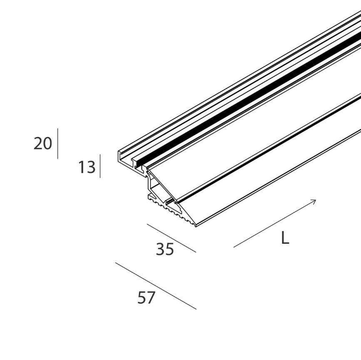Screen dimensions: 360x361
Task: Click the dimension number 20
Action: [42, 144]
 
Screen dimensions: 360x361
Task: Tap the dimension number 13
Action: [87, 167]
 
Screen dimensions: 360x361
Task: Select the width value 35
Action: [164, 249]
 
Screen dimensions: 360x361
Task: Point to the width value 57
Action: [146, 298]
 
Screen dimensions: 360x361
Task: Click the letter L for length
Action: [285, 238]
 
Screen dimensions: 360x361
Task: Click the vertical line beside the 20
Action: [58, 144]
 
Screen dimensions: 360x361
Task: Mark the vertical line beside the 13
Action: [100, 166]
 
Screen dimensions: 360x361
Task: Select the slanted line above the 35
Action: [171, 238]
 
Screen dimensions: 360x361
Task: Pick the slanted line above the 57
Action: [155, 286]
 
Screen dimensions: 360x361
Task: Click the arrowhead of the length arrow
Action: [315, 201]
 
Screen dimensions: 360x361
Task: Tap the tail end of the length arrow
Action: [234, 247]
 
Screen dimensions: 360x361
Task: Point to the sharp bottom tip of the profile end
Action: [195, 226]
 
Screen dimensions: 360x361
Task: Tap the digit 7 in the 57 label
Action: [151, 298]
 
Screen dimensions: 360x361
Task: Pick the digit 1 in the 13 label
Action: [82, 167]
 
